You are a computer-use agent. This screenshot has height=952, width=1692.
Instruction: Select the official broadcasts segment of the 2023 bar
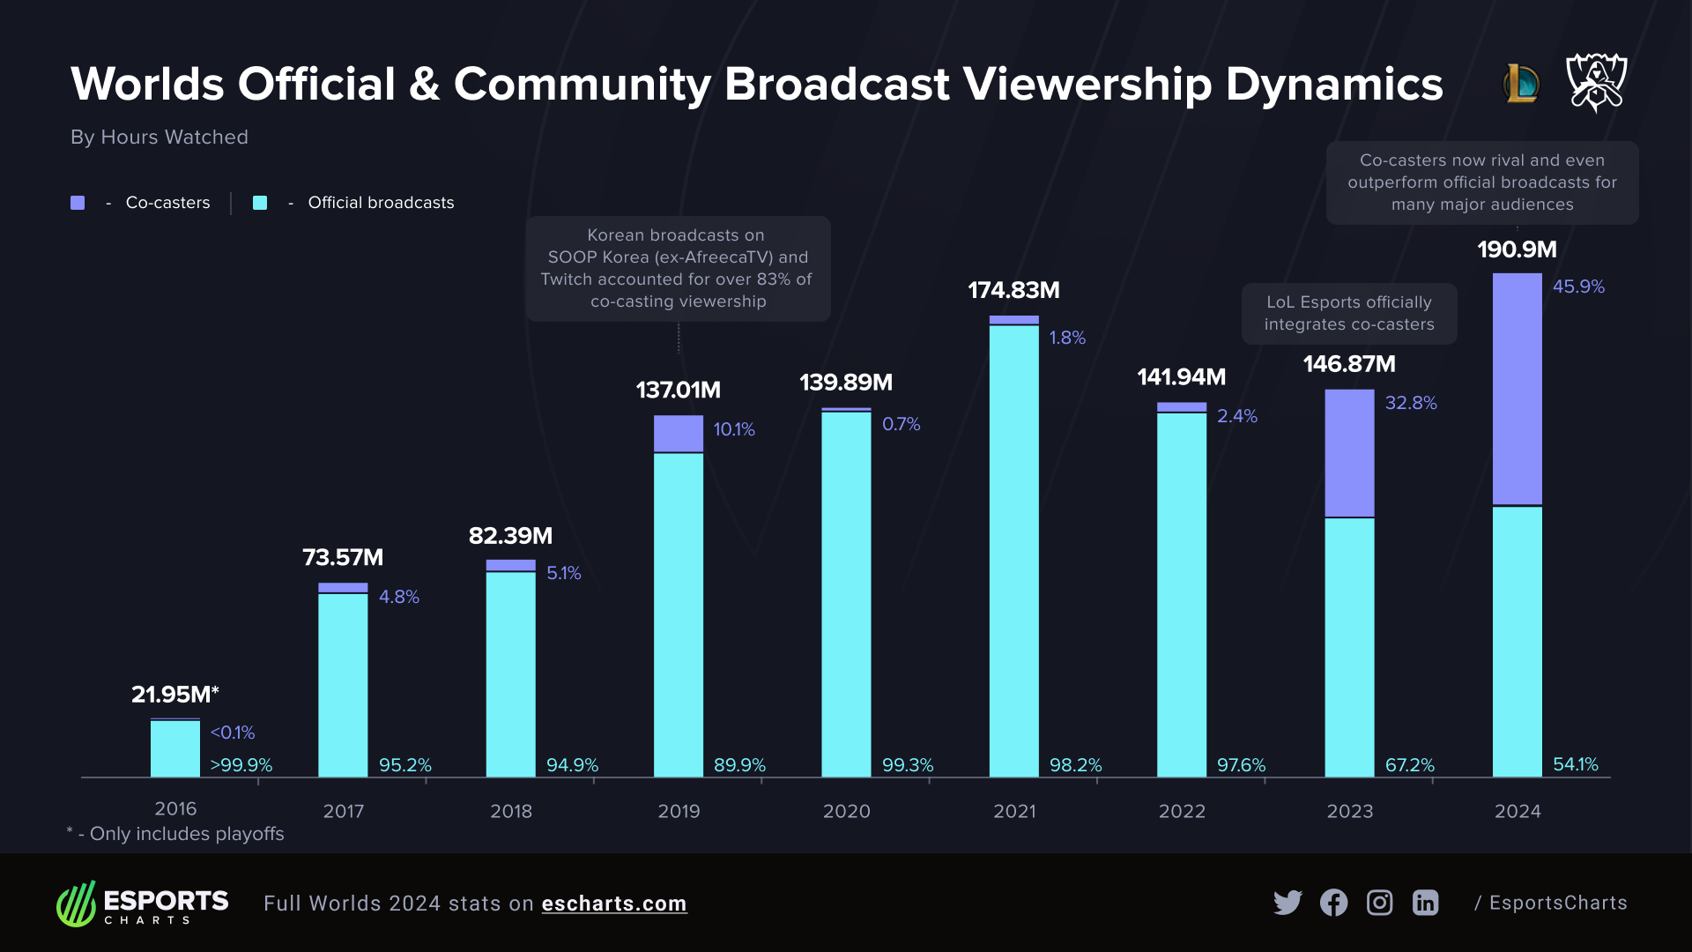point(1349,646)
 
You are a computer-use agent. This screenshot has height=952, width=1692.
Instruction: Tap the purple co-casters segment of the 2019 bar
point(678,433)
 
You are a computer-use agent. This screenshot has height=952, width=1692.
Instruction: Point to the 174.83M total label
point(1013,290)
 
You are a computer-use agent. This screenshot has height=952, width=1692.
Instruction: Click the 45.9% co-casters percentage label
point(1577,286)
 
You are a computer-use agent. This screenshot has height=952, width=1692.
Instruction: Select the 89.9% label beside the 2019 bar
point(738,764)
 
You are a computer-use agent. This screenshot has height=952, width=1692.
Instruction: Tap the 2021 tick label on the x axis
point(1013,811)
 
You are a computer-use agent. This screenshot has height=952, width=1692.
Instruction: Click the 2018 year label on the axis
point(511,811)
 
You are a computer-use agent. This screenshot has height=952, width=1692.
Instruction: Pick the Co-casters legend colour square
point(78,203)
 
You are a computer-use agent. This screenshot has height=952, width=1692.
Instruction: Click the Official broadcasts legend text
point(381,203)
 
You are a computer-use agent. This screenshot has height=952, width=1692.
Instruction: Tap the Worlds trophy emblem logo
point(1596,82)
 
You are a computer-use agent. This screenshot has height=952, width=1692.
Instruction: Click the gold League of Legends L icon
point(1520,84)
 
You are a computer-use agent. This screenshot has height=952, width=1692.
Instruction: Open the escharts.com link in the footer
point(613,904)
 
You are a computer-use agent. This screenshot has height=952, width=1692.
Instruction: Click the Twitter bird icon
point(1287,903)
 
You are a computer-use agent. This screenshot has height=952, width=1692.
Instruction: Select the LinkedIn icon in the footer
point(1425,903)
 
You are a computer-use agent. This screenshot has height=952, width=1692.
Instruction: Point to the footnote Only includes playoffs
point(186,834)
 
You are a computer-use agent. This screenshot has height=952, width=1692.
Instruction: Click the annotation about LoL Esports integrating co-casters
point(1348,313)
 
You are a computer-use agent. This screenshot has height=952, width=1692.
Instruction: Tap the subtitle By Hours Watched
point(160,138)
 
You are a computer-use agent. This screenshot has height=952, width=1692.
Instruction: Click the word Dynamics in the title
point(1333,85)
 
